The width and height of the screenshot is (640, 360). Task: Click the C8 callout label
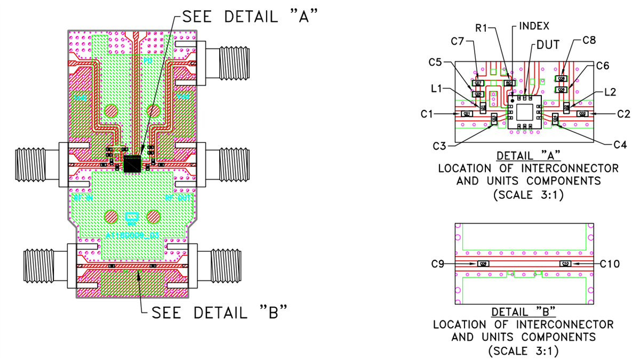point(589,40)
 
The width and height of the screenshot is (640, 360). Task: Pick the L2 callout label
point(611,92)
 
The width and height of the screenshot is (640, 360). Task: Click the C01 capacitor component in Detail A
point(467,114)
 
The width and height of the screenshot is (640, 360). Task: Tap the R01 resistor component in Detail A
point(509,83)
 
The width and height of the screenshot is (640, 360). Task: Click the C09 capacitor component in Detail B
point(483,263)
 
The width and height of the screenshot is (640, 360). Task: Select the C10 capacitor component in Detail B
point(565,263)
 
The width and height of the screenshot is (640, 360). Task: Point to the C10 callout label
point(610,263)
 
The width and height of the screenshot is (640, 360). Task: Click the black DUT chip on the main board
point(132,164)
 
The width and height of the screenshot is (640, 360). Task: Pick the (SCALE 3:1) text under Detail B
point(523,350)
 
